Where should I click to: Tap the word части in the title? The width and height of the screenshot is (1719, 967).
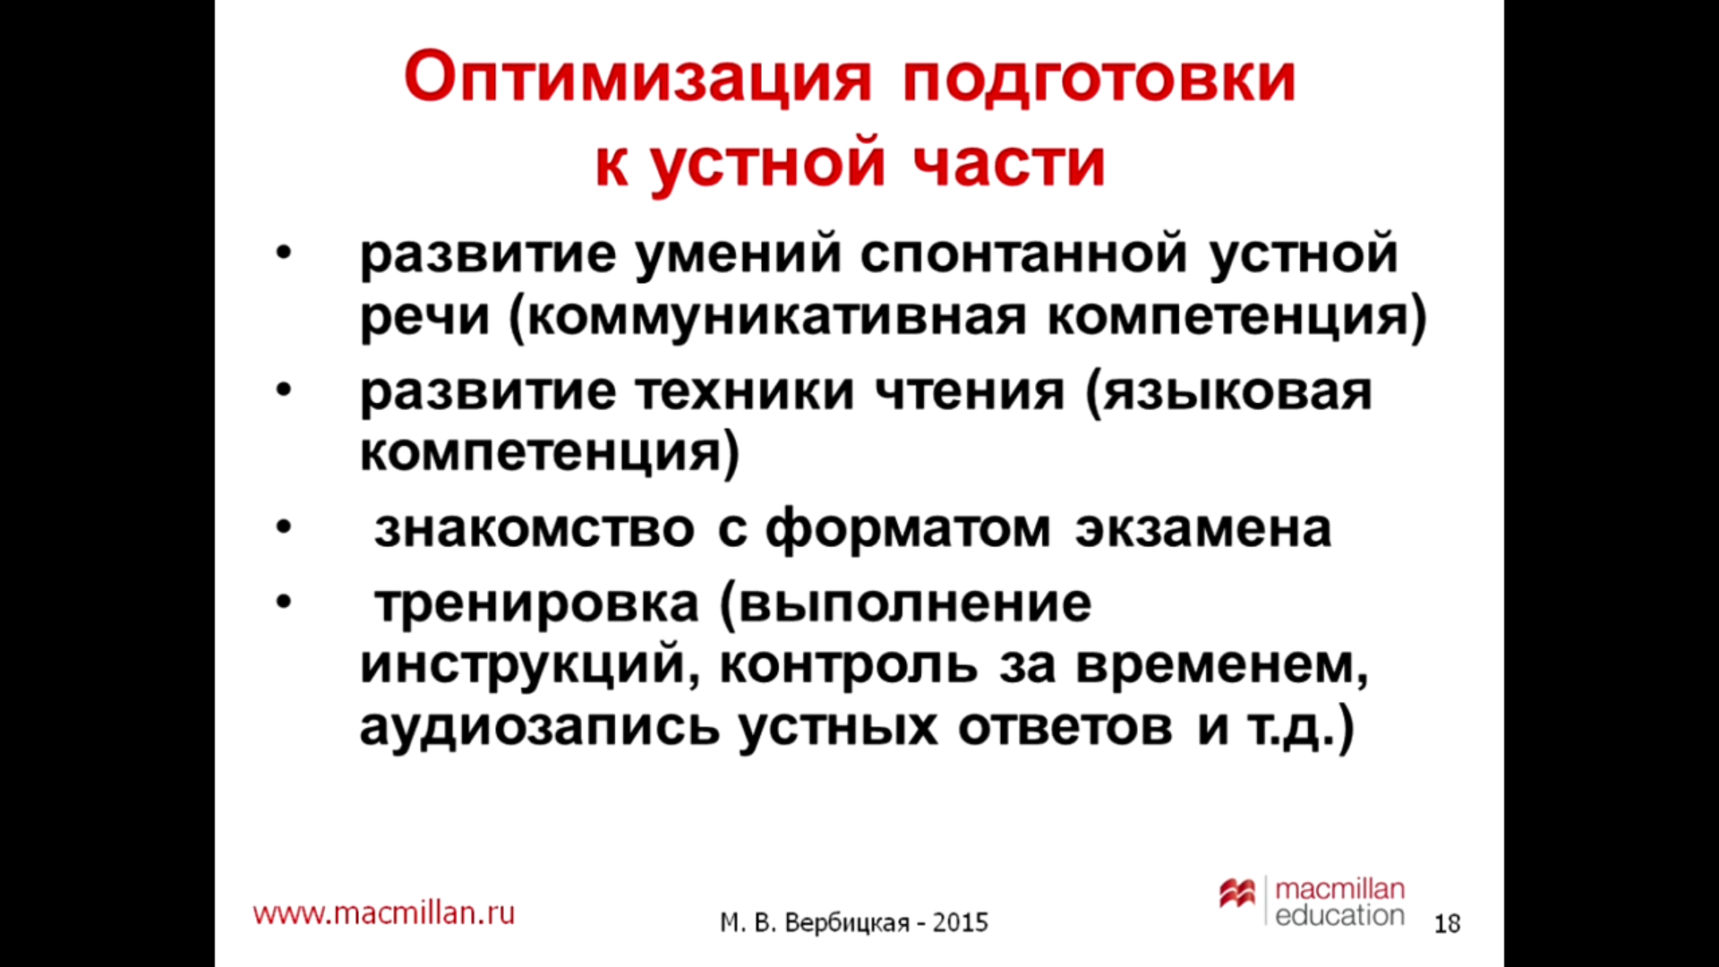(x=1009, y=164)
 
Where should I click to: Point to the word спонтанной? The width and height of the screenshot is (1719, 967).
(x=1023, y=254)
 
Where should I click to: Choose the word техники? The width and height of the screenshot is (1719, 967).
(x=745, y=393)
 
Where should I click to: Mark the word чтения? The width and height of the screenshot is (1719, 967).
(x=970, y=393)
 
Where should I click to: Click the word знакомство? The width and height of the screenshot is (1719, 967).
(x=535, y=529)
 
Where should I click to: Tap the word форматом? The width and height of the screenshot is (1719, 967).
(x=908, y=529)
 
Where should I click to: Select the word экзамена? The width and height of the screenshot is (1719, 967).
(x=1202, y=529)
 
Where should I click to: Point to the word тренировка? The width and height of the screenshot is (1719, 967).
(x=536, y=604)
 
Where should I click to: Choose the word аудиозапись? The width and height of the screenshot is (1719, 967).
(x=540, y=727)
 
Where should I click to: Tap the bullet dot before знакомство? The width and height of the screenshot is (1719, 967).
(x=284, y=528)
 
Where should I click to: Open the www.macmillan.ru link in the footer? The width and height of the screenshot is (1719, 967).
(x=384, y=912)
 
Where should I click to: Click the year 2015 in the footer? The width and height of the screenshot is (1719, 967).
(x=960, y=922)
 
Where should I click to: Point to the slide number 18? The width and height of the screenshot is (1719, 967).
(x=1447, y=923)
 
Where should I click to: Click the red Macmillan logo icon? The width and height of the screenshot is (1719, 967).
(x=1237, y=893)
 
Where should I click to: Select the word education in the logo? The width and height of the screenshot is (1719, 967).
(x=1339, y=915)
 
